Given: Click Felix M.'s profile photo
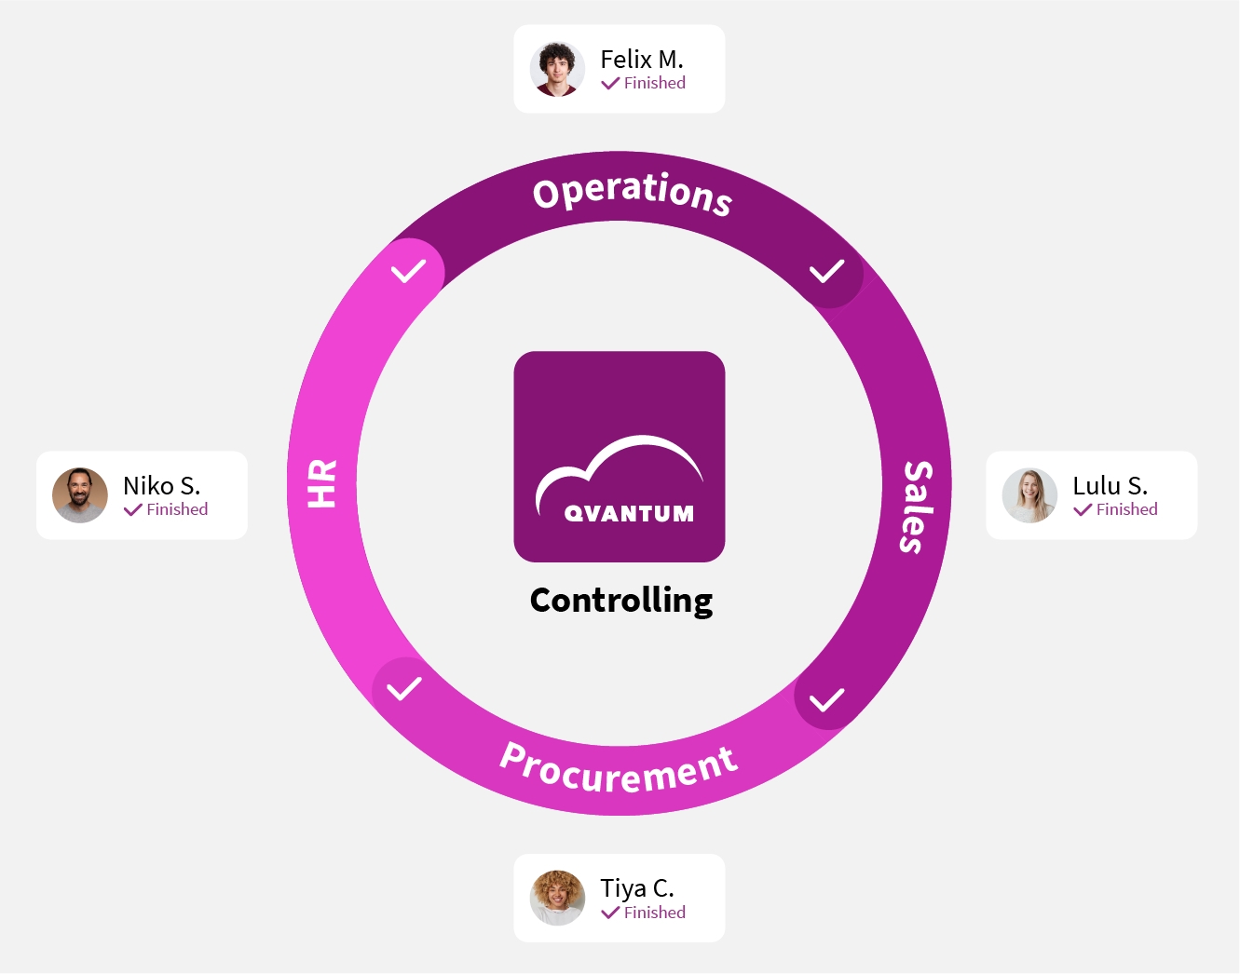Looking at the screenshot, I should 557,69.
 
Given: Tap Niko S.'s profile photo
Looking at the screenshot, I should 80,495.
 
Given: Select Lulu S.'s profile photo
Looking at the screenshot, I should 1029,495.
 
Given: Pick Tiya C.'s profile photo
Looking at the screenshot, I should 557,898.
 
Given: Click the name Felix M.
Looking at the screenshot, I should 642,60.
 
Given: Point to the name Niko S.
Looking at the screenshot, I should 161,486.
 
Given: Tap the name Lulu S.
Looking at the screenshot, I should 1110,486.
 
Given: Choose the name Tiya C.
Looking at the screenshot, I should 637,888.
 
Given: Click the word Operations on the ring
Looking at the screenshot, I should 632,192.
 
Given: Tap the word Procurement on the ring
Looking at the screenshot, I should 619,769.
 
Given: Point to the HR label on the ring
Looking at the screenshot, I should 322,483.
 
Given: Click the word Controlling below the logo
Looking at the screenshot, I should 621,601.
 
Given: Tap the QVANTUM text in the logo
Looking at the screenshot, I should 629,514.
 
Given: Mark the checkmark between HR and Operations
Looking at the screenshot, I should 408,271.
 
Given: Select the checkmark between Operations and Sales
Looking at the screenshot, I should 826,271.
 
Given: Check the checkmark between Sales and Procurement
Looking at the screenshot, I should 826,699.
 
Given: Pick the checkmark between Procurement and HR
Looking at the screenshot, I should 404,689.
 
